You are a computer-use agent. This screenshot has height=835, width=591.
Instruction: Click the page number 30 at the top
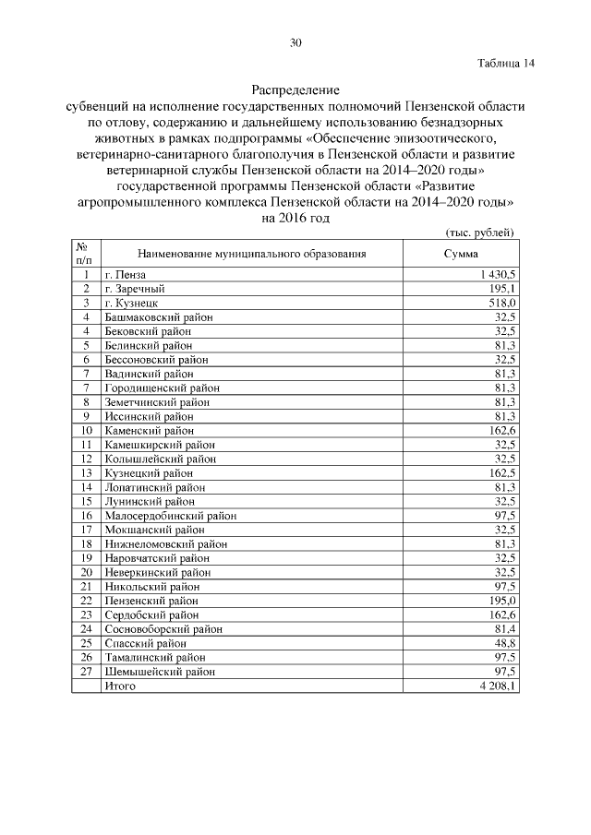tap(295, 42)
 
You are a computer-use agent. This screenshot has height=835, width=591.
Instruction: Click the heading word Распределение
tap(295, 91)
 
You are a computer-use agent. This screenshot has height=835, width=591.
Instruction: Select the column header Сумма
tap(461, 253)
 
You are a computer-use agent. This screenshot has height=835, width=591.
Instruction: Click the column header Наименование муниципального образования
tap(252, 253)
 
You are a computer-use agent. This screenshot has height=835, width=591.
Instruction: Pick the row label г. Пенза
tap(126, 274)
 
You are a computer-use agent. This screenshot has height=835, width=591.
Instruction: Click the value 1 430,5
tap(497, 274)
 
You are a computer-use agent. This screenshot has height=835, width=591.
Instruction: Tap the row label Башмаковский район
tap(159, 316)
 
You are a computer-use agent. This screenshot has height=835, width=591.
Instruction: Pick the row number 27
tap(85, 671)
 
